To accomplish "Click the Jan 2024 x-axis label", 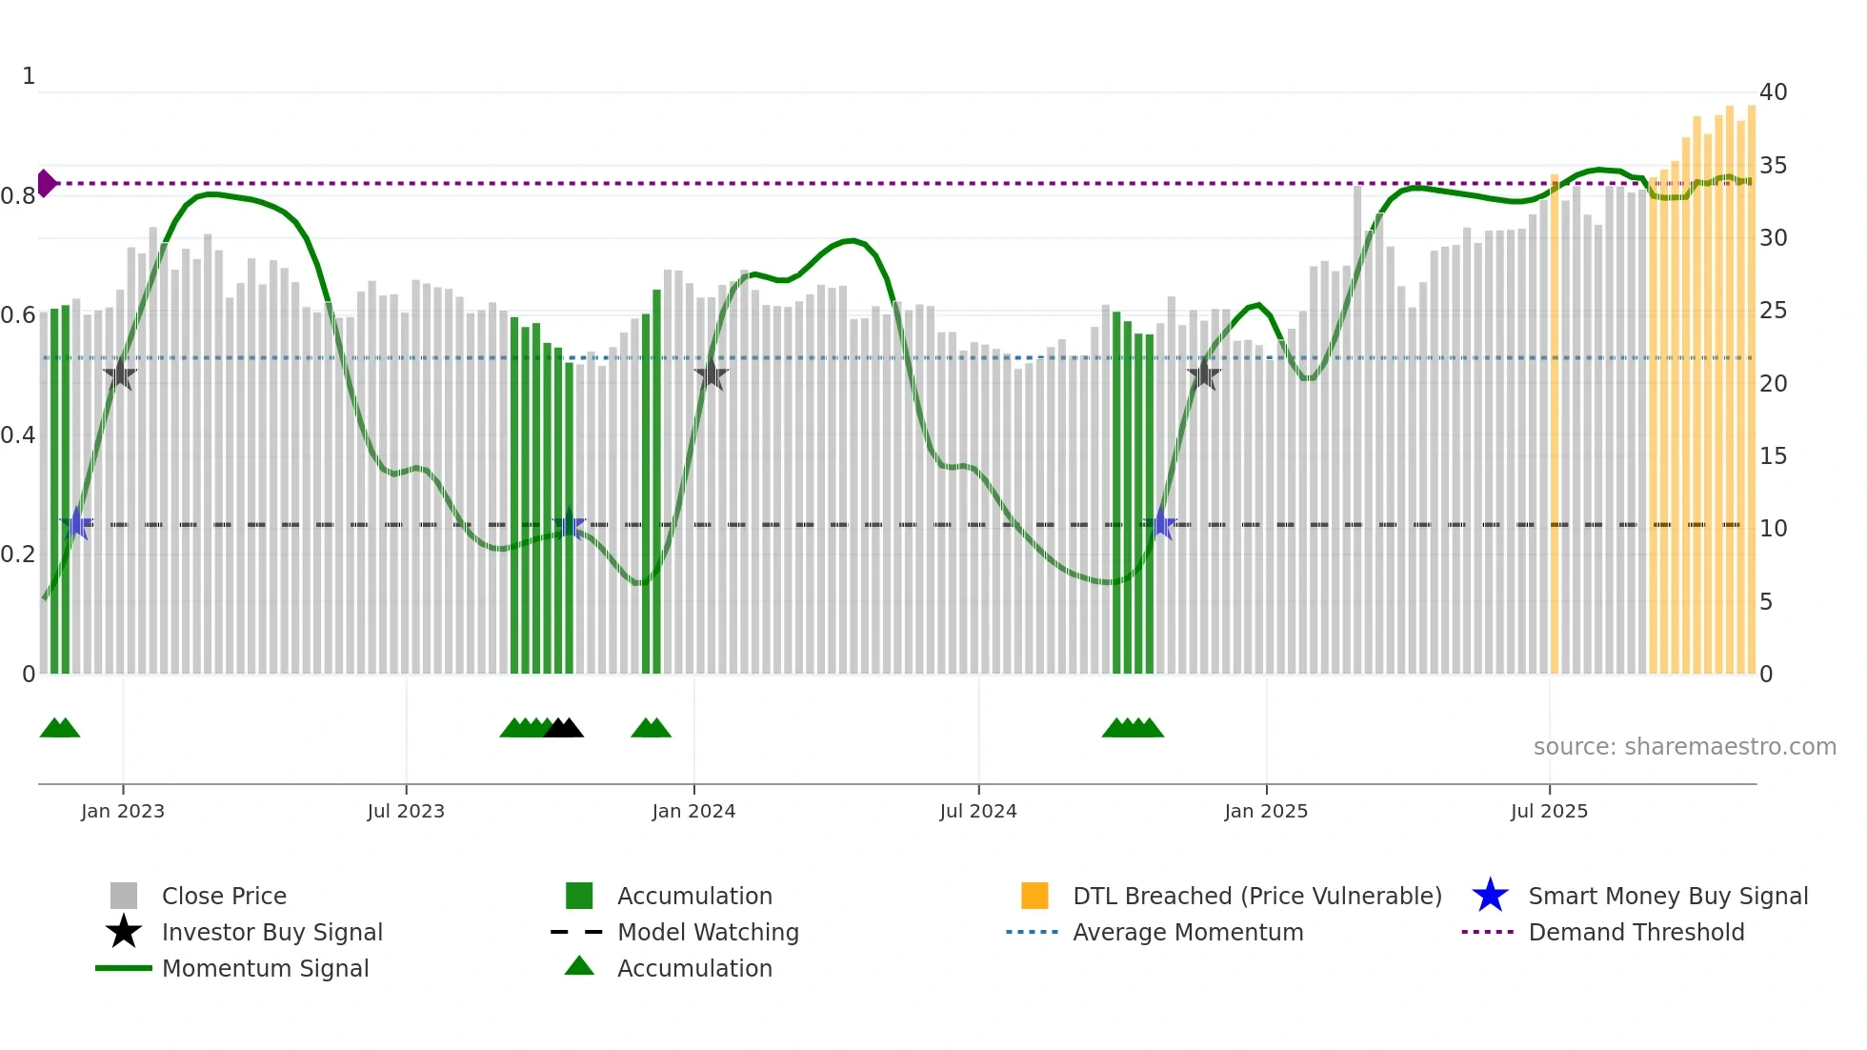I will [693, 811].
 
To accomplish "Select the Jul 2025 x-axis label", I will [1549, 811].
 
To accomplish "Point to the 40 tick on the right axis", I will [1773, 92].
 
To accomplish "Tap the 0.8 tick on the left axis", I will [18, 196].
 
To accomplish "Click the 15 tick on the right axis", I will [1773, 456].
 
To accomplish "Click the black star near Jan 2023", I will [120, 375].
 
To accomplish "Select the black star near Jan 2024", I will [711, 375].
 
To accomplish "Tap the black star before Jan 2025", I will [1204, 375].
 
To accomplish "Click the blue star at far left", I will [77, 524].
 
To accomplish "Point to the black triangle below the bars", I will [564, 728].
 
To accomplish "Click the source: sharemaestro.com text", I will [1684, 747].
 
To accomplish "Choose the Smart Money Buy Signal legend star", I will [1490, 896].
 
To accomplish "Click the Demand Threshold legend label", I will [1636, 932].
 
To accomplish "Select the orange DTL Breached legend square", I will [1034, 896].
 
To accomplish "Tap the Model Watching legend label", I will [708, 932].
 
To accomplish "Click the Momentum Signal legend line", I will [124, 968].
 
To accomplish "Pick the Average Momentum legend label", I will [1188, 932].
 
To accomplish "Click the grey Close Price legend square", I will [124, 896].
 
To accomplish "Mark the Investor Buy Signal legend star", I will [124, 932].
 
